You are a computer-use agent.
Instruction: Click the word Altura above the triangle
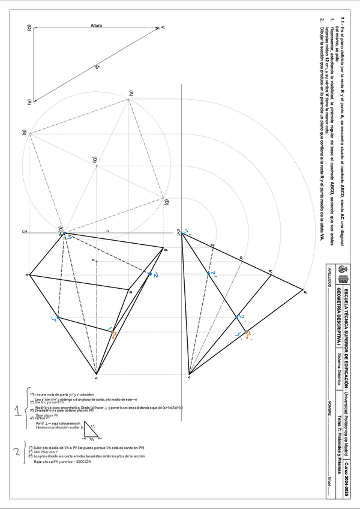pyautogui.click(x=96, y=26)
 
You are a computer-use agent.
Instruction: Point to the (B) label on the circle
pyautogui.click(x=24, y=133)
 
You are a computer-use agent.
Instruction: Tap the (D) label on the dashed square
pyautogui.click(x=166, y=202)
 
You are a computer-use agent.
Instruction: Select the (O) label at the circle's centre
pyautogui.click(x=94, y=160)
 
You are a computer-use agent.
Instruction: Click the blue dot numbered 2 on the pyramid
pyautogui.click(x=150, y=274)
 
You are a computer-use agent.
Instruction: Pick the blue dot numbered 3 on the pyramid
pyautogui.click(x=58, y=318)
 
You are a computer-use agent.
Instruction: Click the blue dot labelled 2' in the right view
pyautogui.click(x=209, y=274)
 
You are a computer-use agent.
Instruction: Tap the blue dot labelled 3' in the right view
pyautogui.click(x=240, y=318)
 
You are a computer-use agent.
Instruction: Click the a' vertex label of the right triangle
pyautogui.click(x=305, y=293)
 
